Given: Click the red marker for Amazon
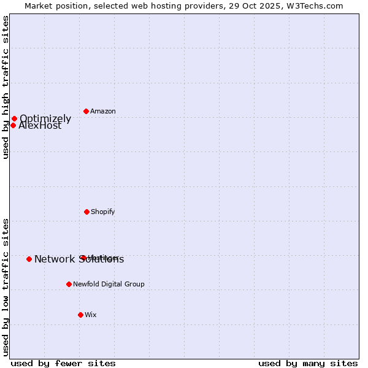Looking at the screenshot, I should [x=86, y=111].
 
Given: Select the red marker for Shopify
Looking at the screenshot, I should [x=86, y=212].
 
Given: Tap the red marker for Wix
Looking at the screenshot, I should [x=80, y=315].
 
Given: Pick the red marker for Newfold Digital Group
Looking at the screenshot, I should [x=69, y=284].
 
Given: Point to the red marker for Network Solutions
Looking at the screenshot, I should [x=29, y=259].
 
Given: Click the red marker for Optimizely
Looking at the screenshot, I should [x=14, y=118].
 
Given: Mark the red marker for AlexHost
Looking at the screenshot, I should [x=13, y=125].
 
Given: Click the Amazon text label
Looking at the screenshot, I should [x=103, y=112].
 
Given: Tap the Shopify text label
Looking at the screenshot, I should [x=103, y=212].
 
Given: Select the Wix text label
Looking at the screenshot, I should [x=91, y=315].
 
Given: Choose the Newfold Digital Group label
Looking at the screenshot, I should [x=109, y=285].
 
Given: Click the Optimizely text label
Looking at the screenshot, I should [x=45, y=119].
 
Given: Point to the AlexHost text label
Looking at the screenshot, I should [x=40, y=126].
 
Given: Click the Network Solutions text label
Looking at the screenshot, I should [x=79, y=259].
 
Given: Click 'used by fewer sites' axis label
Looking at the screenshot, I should [x=63, y=363].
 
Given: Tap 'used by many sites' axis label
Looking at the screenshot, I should [x=308, y=363].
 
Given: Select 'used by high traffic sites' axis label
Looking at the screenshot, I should [x=6, y=87].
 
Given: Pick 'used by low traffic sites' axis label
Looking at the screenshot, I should [x=6, y=287].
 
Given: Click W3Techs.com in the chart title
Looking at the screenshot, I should [x=315, y=6].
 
